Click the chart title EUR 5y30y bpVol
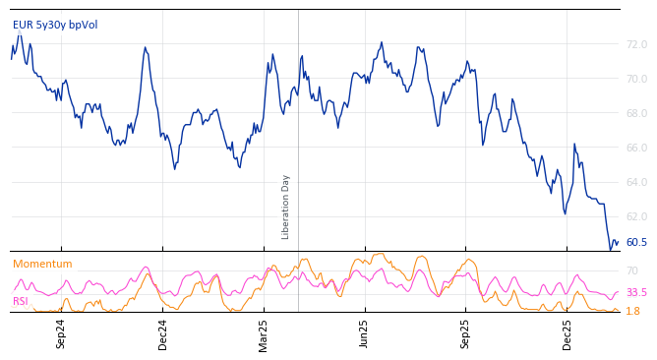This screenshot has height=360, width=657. [x=55, y=26]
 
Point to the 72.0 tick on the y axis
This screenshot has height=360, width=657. [x=636, y=44]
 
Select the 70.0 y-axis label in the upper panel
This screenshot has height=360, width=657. [x=636, y=79]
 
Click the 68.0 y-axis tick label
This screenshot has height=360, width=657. [x=636, y=113]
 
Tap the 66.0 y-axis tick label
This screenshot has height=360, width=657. [x=636, y=148]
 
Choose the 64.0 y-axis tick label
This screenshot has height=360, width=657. [x=636, y=182]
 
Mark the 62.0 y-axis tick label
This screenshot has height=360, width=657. [x=636, y=216]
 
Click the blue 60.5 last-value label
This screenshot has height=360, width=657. [x=636, y=242]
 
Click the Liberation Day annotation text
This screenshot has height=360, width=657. [x=286, y=207]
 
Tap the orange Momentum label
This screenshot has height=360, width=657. [x=42, y=265]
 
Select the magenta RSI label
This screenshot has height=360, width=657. [x=21, y=302]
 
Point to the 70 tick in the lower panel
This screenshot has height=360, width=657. [x=632, y=270]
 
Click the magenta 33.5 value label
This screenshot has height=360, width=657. [x=636, y=292]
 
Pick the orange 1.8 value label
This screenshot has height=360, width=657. [x=632, y=311]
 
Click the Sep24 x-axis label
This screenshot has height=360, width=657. [x=61, y=333]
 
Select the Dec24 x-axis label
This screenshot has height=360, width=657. [x=162, y=333]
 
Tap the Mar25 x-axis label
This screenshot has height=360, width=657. [x=264, y=333]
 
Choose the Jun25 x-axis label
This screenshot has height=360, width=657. [x=364, y=333]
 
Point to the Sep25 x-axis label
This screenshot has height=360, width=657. [x=465, y=333]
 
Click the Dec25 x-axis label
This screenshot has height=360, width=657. [x=567, y=333]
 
